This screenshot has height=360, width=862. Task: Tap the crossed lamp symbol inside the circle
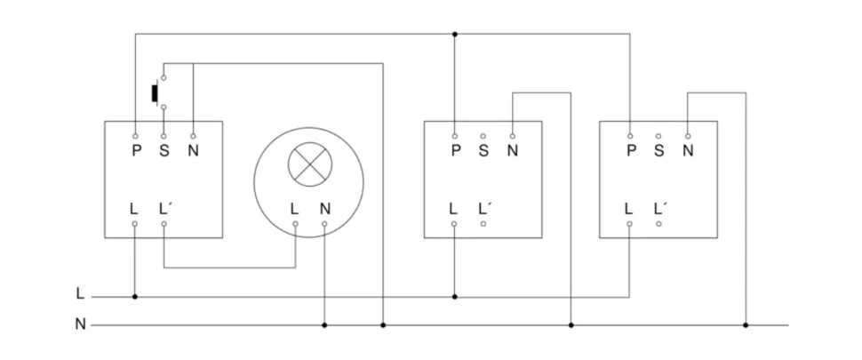click(309, 165)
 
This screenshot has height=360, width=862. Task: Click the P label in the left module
click(135, 150)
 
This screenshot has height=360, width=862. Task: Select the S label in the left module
click(164, 150)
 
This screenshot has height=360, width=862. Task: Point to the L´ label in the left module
click(165, 209)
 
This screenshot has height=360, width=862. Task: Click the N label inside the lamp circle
click(324, 209)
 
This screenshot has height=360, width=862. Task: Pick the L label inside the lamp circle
click(294, 209)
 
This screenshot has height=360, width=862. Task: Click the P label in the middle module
click(454, 150)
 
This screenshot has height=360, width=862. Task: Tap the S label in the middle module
click(483, 150)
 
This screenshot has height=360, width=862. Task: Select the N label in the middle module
click(512, 150)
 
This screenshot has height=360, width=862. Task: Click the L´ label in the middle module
click(484, 209)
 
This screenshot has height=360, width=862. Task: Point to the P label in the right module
click(630, 150)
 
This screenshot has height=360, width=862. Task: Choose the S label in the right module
click(658, 150)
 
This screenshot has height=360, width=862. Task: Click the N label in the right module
click(688, 150)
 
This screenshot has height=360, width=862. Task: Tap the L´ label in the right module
click(660, 209)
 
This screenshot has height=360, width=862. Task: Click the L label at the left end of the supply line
click(81, 293)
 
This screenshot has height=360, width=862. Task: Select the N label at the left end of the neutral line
click(81, 324)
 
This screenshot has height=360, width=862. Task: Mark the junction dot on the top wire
click(454, 35)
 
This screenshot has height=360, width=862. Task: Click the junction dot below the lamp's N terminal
click(324, 325)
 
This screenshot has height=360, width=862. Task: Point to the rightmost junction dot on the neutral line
click(746, 325)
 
